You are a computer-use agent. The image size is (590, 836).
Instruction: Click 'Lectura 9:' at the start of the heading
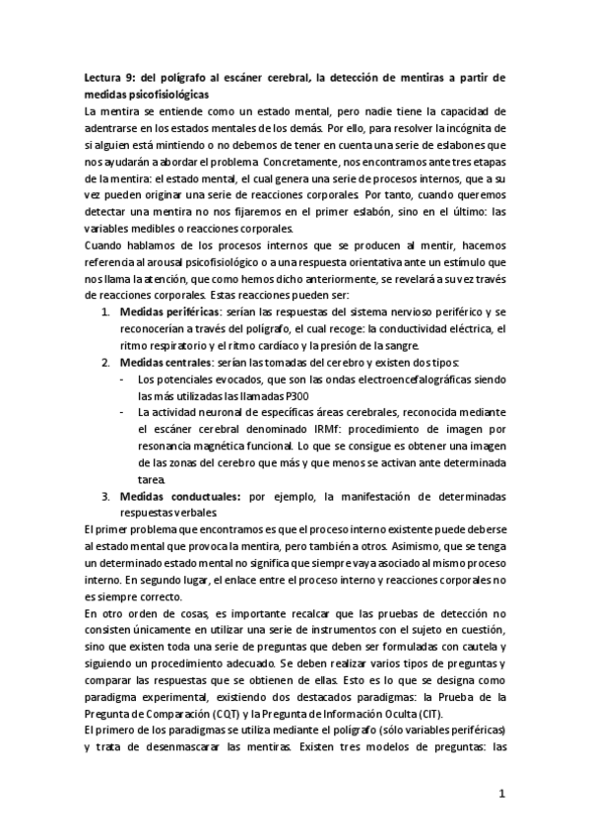click(x=110, y=77)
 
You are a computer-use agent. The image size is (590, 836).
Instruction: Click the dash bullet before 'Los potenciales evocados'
click(x=121, y=379)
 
